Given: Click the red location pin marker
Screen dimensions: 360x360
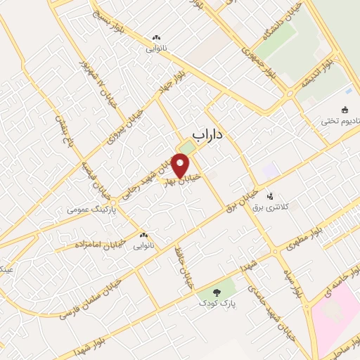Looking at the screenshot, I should (181, 165).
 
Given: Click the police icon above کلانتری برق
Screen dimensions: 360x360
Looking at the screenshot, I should (271, 196).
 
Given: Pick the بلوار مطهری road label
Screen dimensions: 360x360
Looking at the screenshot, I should (303, 240).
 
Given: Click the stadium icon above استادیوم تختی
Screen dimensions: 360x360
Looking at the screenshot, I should (345, 109).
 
